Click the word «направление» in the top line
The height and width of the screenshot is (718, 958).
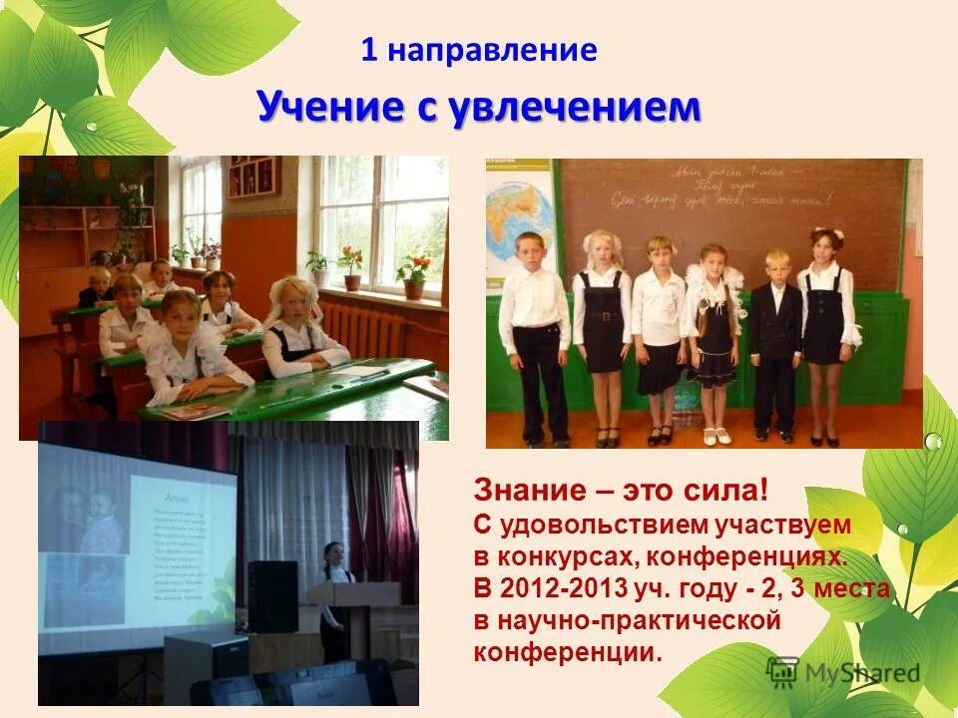point(493,51)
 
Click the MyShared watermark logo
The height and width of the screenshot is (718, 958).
point(843,672)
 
